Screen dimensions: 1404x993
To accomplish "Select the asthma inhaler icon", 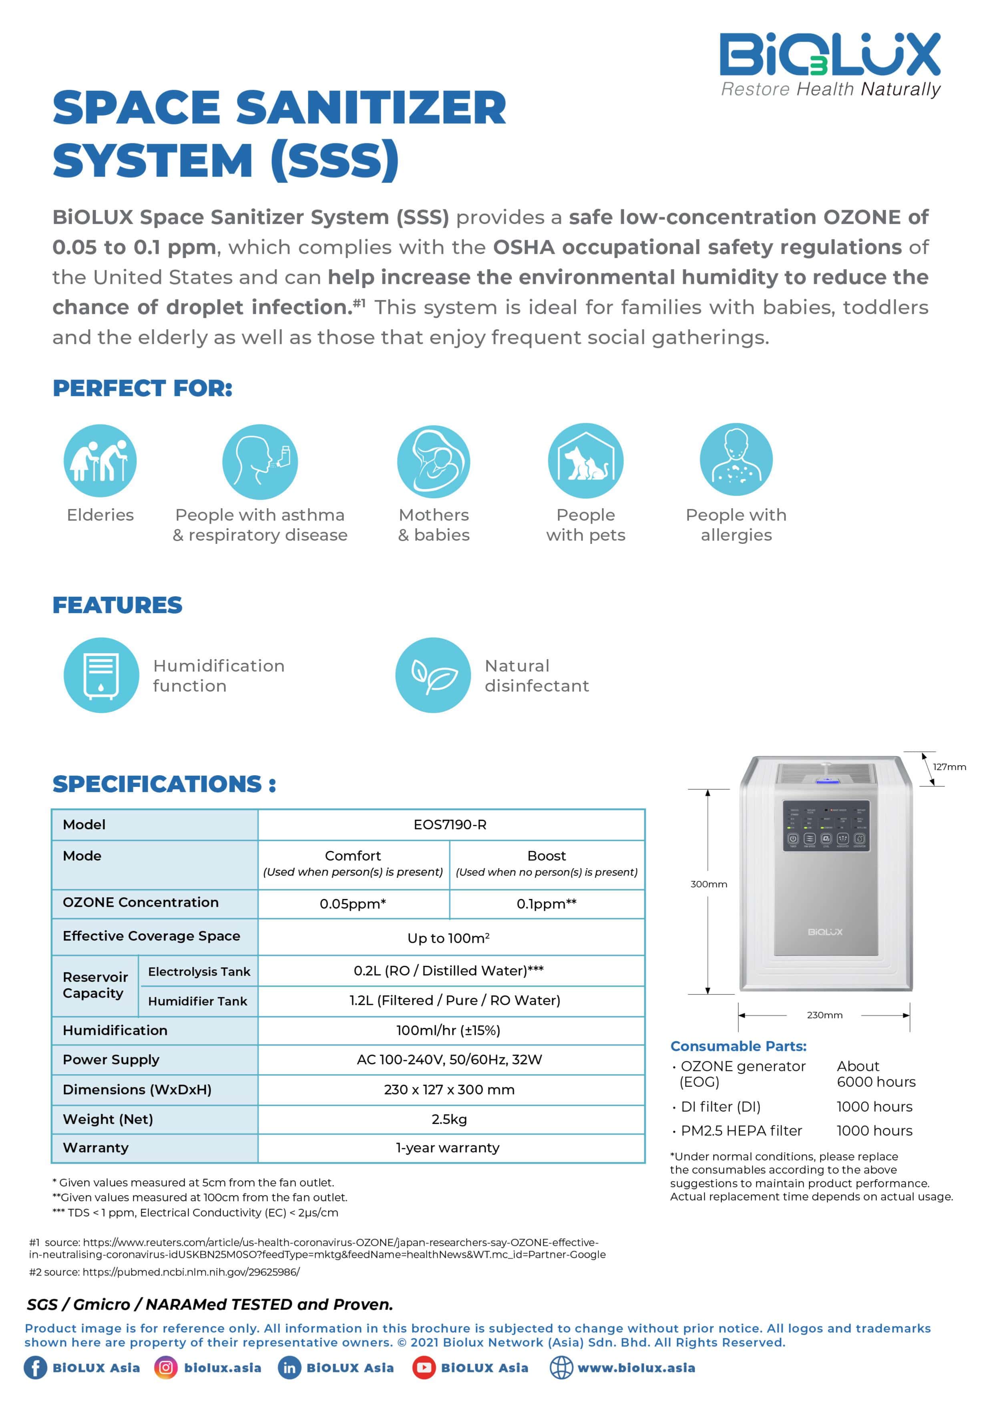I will (260, 462).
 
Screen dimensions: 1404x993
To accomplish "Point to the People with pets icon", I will (585, 460).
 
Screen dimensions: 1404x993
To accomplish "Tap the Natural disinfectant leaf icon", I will (433, 675).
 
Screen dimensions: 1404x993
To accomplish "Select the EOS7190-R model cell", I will (450, 824).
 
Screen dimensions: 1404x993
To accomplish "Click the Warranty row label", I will (96, 1148).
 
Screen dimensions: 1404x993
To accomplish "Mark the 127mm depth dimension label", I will (949, 767).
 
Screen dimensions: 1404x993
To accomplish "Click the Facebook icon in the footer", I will (35, 1368).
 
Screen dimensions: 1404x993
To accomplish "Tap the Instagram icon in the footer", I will (165, 1368).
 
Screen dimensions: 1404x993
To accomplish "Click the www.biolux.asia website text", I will (636, 1368).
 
